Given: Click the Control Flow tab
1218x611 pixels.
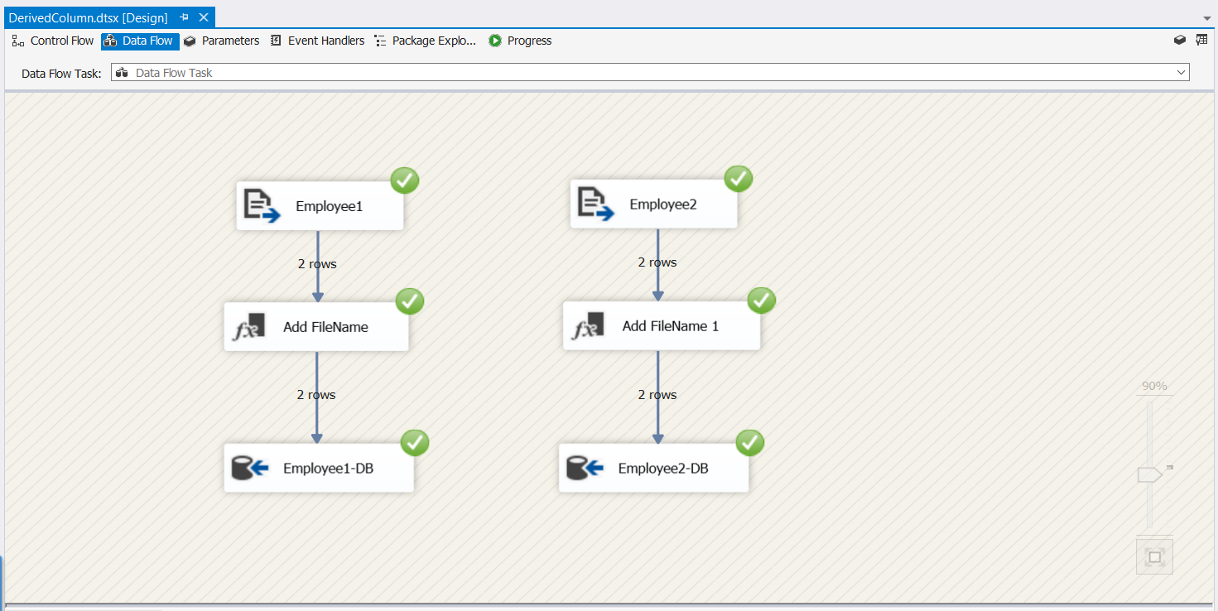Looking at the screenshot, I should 54,41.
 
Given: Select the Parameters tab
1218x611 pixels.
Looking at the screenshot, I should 222,41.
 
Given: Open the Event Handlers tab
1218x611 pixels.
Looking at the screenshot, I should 317,41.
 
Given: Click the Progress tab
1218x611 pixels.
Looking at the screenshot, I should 520,41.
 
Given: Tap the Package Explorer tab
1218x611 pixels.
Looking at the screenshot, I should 425,41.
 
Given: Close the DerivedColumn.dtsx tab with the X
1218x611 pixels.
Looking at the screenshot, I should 204,17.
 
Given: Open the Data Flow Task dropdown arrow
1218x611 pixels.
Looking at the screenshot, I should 1181,73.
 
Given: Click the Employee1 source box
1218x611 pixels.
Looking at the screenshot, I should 320,206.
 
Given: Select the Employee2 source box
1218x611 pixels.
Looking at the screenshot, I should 653,204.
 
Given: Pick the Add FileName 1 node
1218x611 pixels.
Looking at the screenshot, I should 661,326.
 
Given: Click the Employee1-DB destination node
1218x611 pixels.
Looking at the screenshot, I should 319,469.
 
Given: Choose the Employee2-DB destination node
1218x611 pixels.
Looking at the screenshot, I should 653,469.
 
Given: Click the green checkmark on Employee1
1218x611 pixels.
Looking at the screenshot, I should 405,180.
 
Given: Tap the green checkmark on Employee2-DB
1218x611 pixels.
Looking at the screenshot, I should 750,443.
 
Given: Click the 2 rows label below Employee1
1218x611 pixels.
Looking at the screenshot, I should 317,264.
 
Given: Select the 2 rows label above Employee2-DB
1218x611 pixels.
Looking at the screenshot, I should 657,395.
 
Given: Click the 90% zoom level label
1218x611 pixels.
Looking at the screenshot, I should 1154,386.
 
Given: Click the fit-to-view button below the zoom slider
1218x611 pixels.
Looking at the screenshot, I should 1154,557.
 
